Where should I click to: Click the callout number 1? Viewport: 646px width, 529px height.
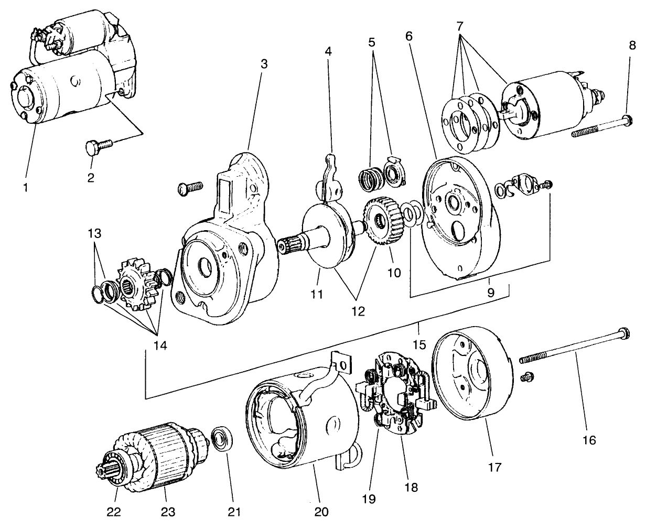[x=26, y=186]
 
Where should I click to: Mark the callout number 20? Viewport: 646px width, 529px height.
[x=321, y=511]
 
